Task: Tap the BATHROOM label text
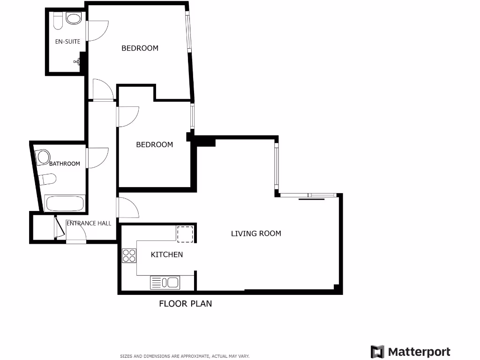coord(65,164)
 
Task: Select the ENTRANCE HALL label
coord(89,223)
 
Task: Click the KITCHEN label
coord(166,255)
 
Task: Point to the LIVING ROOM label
coord(256,233)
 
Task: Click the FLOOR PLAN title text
coord(185,304)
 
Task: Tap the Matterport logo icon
coord(377,352)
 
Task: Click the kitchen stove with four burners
coord(129,255)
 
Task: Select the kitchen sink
coord(165,282)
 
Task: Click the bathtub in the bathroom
coord(65,204)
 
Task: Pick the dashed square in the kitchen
coord(185,234)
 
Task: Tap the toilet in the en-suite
coord(58,20)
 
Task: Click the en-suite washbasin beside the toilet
coord(73,19)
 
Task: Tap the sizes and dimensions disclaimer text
coord(185,356)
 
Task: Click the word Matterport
coord(419,352)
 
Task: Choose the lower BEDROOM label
coord(154,145)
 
